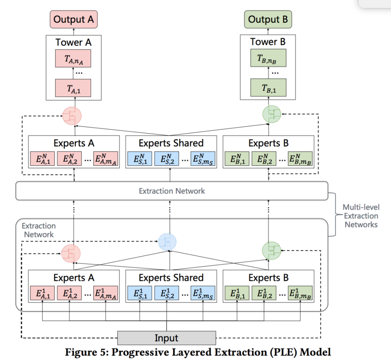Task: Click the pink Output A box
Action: pyautogui.click(x=73, y=19)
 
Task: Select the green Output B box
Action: pyautogui.click(x=268, y=19)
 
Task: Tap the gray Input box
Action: pyautogui.click(x=167, y=338)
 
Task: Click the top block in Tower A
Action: pyautogui.click(x=73, y=59)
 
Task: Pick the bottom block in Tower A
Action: pyautogui.click(x=73, y=88)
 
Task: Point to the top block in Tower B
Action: pyautogui.click(x=268, y=58)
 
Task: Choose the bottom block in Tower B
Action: pyautogui.click(x=268, y=88)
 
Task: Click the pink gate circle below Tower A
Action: pyautogui.click(x=72, y=116)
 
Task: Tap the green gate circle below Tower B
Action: pyautogui.click(x=272, y=114)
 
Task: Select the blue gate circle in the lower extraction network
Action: pyautogui.click(x=167, y=242)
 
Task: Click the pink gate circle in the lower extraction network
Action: pyautogui.click(x=71, y=253)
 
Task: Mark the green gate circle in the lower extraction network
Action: pyautogui.click(x=272, y=251)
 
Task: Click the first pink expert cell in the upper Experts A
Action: pyautogui.click(x=42, y=158)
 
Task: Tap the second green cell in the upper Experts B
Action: pyautogui.click(x=264, y=158)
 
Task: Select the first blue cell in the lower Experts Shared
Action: pyautogui.click(x=140, y=293)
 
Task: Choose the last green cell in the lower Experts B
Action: pyautogui.click(x=300, y=293)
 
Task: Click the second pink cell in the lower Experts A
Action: pyautogui.click(x=69, y=293)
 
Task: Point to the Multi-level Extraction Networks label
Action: pyautogui.click(x=361, y=216)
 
